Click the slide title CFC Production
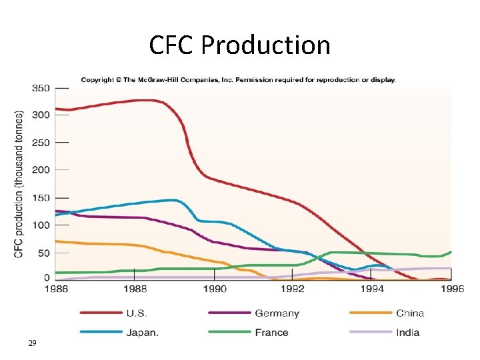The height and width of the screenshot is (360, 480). [239, 45]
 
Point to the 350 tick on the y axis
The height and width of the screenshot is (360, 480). [41, 87]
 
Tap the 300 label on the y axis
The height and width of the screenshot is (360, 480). [41, 115]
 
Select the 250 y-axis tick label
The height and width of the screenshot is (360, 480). [41, 143]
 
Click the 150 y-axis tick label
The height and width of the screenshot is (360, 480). [41, 198]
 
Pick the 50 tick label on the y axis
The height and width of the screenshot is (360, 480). [43, 253]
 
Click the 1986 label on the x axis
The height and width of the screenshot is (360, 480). [56, 289]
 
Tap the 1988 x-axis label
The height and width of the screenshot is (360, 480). [135, 289]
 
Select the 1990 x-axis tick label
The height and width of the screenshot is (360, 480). [214, 289]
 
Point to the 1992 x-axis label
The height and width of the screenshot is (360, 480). [293, 289]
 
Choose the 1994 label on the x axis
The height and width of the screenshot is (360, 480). [372, 289]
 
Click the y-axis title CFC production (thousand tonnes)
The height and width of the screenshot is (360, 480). [19, 184]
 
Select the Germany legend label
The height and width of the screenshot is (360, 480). [277, 313]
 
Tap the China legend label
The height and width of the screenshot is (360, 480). [410, 313]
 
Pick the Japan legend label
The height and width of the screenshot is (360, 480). [142, 332]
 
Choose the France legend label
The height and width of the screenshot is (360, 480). [271, 332]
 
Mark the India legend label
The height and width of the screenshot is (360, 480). [407, 332]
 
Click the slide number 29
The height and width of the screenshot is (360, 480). [32, 343]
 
